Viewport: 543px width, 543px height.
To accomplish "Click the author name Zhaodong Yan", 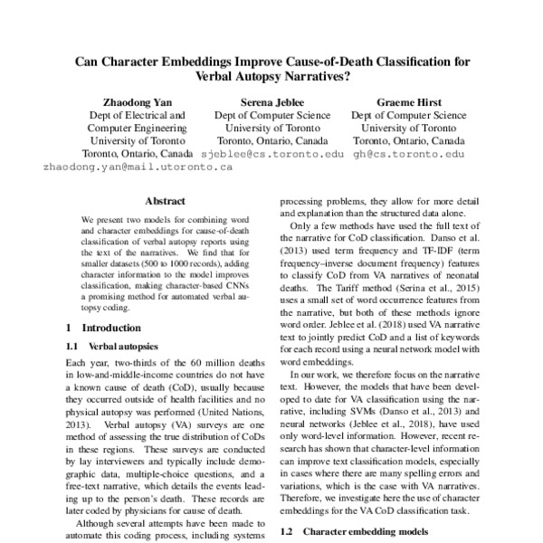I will click(136, 101).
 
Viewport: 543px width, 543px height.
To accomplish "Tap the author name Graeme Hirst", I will click(408, 101).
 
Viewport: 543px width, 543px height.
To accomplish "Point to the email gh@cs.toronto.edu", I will click(409, 154).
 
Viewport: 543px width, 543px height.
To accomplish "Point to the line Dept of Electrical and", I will click(136, 116).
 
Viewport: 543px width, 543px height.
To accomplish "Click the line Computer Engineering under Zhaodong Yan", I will click(136, 129).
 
